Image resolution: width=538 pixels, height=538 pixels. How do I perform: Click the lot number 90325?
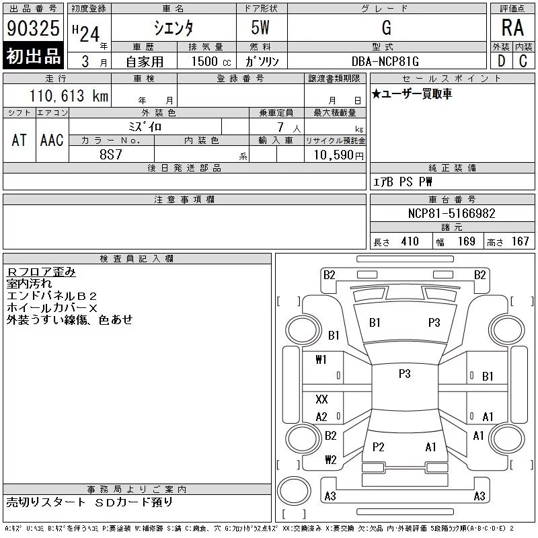[33, 28]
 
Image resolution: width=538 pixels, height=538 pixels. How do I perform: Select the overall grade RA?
[512, 28]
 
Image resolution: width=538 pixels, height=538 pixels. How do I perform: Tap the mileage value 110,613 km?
[69, 95]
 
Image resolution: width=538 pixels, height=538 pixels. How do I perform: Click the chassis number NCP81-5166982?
[451, 213]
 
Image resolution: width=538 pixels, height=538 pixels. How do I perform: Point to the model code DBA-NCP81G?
[385, 61]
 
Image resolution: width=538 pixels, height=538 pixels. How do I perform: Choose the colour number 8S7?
[111, 155]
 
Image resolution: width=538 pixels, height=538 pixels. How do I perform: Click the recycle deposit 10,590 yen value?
[338, 155]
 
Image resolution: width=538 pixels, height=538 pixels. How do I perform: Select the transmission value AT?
[19, 140]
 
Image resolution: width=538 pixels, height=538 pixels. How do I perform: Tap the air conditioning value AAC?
[52, 140]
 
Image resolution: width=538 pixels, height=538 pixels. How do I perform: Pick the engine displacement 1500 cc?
[211, 61]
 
